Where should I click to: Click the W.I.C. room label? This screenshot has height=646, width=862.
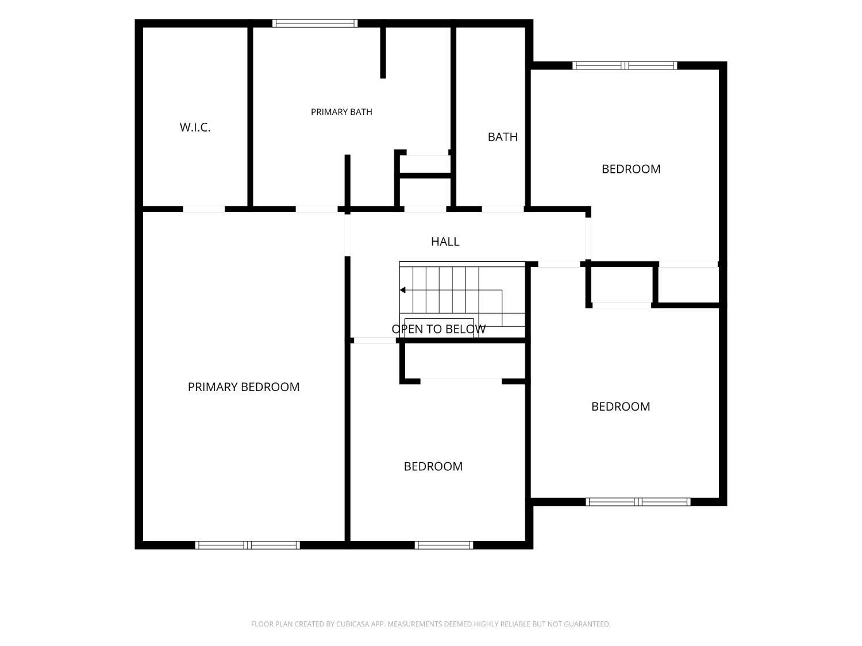195,127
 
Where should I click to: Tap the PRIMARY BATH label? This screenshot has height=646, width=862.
341,112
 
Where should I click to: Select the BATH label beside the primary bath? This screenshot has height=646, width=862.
502,137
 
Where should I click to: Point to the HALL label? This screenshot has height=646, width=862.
445,241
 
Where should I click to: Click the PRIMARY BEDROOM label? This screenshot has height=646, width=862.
244,386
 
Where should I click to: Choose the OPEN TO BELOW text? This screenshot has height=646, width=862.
438,328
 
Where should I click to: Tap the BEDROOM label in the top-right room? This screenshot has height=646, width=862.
630,169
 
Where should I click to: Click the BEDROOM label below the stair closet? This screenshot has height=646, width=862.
433,466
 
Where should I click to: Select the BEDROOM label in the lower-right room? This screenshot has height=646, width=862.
621,407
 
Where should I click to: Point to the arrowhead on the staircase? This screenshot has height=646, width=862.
402,290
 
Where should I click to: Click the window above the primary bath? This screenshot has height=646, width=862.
315,23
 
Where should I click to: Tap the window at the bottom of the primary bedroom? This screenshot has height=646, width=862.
248,545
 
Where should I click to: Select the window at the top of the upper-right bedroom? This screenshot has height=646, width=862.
625,65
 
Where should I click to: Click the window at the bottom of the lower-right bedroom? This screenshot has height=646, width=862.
638,502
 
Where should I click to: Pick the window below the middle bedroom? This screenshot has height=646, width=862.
444,545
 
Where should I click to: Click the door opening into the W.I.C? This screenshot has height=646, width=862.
204,209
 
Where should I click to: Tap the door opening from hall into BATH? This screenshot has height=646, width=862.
503,209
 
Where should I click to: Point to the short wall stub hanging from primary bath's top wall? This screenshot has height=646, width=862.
383,53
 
